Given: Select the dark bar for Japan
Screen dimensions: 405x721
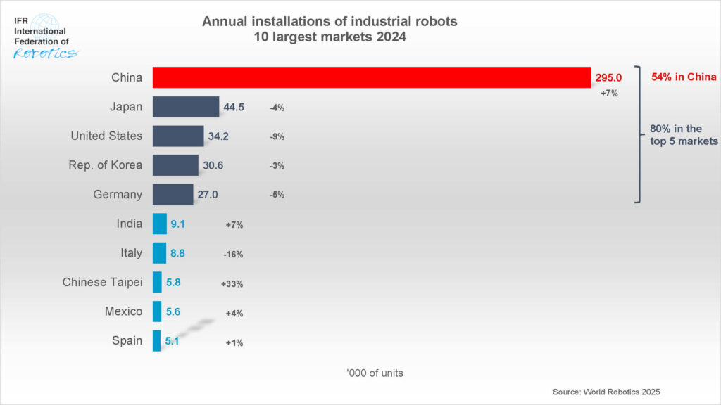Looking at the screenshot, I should (x=186, y=107).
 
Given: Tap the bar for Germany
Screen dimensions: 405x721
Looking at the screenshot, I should (x=173, y=195).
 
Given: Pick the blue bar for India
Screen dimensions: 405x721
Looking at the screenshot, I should (x=160, y=224).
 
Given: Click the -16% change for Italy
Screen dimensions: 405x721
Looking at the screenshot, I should (x=234, y=255).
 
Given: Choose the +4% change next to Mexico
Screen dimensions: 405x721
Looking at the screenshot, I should (x=234, y=313).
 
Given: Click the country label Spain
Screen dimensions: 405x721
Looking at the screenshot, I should (x=127, y=341).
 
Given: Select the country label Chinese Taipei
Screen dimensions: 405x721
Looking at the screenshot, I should (x=102, y=282).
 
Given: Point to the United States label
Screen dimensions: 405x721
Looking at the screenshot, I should (x=106, y=136).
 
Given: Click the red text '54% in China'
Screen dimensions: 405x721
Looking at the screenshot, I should (x=683, y=77).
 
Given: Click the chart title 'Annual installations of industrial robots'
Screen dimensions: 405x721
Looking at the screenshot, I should (x=330, y=22).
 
